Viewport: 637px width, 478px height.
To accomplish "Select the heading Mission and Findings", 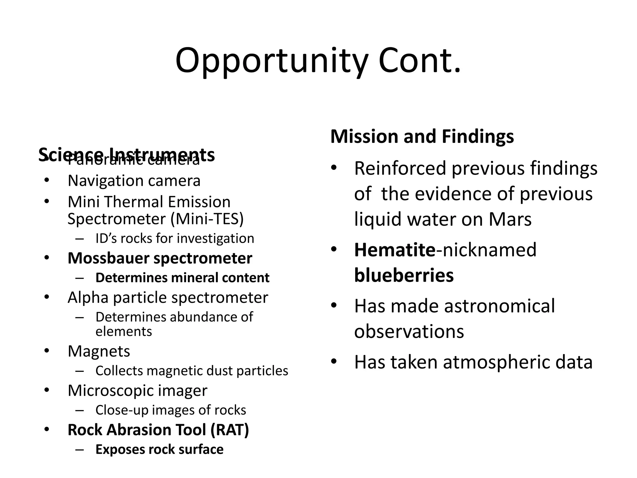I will [422, 137].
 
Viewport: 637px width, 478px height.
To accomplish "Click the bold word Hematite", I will [395, 250].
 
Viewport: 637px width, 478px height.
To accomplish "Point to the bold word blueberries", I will [404, 276].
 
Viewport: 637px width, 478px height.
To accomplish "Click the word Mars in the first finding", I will [510, 219].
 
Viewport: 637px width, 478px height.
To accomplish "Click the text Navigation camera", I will [134, 181].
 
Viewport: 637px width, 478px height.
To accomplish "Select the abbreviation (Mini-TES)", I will [207, 219].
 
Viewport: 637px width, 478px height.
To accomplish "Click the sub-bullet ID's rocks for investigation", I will [175, 239].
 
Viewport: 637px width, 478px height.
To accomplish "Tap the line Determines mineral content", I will [182, 278].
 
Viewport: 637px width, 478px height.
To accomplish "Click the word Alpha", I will [88, 298].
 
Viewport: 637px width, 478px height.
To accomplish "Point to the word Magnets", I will [99, 351].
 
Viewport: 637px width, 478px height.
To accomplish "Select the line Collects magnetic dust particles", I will [192, 371].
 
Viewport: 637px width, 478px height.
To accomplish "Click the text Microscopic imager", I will [137, 391].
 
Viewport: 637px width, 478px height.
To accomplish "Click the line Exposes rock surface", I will [159, 450].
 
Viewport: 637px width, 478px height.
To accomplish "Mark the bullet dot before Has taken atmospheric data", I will [334, 362].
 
